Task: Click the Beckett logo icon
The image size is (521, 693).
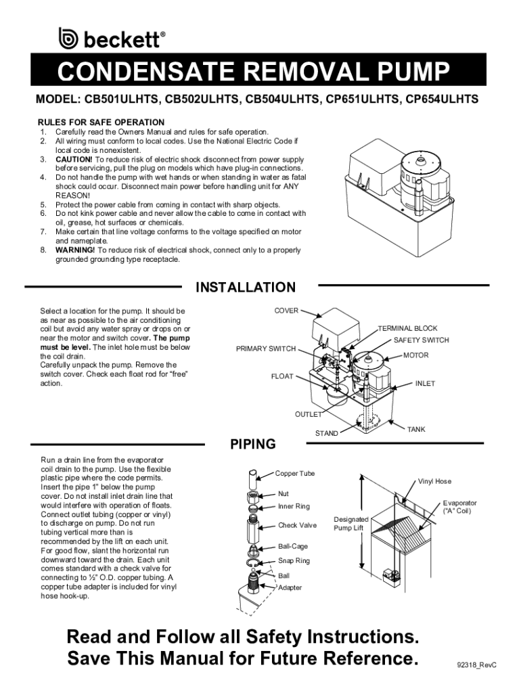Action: click(68, 38)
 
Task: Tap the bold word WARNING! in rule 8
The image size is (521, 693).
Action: click(75, 250)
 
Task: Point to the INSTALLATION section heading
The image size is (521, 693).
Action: click(245, 287)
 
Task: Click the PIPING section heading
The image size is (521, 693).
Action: click(253, 444)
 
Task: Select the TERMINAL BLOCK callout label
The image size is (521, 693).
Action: click(407, 328)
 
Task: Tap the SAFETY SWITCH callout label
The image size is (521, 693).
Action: click(421, 340)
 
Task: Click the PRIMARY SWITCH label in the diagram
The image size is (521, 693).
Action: click(266, 349)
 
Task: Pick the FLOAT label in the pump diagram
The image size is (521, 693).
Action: click(282, 376)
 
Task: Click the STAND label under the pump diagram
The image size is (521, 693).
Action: click(326, 434)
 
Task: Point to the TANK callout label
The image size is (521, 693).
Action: click(416, 430)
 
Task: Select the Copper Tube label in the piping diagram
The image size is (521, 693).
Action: click(295, 473)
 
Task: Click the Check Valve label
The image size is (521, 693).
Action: click(297, 525)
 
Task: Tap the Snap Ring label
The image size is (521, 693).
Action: click(294, 561)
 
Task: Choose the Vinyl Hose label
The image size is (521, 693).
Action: click(434, 481)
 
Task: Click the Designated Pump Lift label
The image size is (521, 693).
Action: click(351, 524)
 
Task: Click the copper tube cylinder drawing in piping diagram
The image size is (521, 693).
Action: click(252, 477)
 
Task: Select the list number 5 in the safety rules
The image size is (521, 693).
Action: click(43, 204)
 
